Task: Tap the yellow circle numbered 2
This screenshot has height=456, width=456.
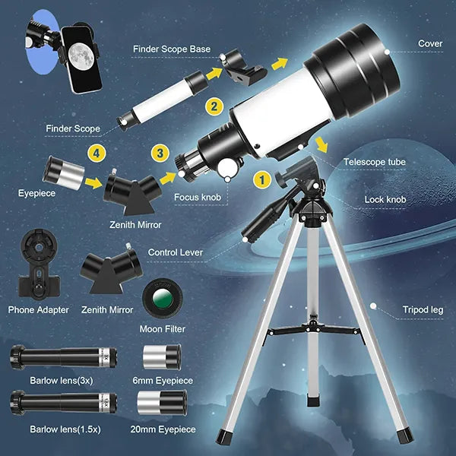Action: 216,107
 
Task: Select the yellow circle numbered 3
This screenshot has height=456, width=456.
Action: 159,153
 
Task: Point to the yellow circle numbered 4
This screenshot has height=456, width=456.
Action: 95,153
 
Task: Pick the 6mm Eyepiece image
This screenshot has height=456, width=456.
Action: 162,356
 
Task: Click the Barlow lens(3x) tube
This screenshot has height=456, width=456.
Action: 64,356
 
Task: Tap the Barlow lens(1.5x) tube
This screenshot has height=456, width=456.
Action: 64,401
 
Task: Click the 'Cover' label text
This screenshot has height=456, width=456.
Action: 430,43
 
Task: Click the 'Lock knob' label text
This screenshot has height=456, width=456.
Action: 385,200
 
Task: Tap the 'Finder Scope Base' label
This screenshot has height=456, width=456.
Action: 172,49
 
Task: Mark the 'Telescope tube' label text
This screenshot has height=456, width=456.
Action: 375,162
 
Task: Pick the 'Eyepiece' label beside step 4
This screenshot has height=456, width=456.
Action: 36,193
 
